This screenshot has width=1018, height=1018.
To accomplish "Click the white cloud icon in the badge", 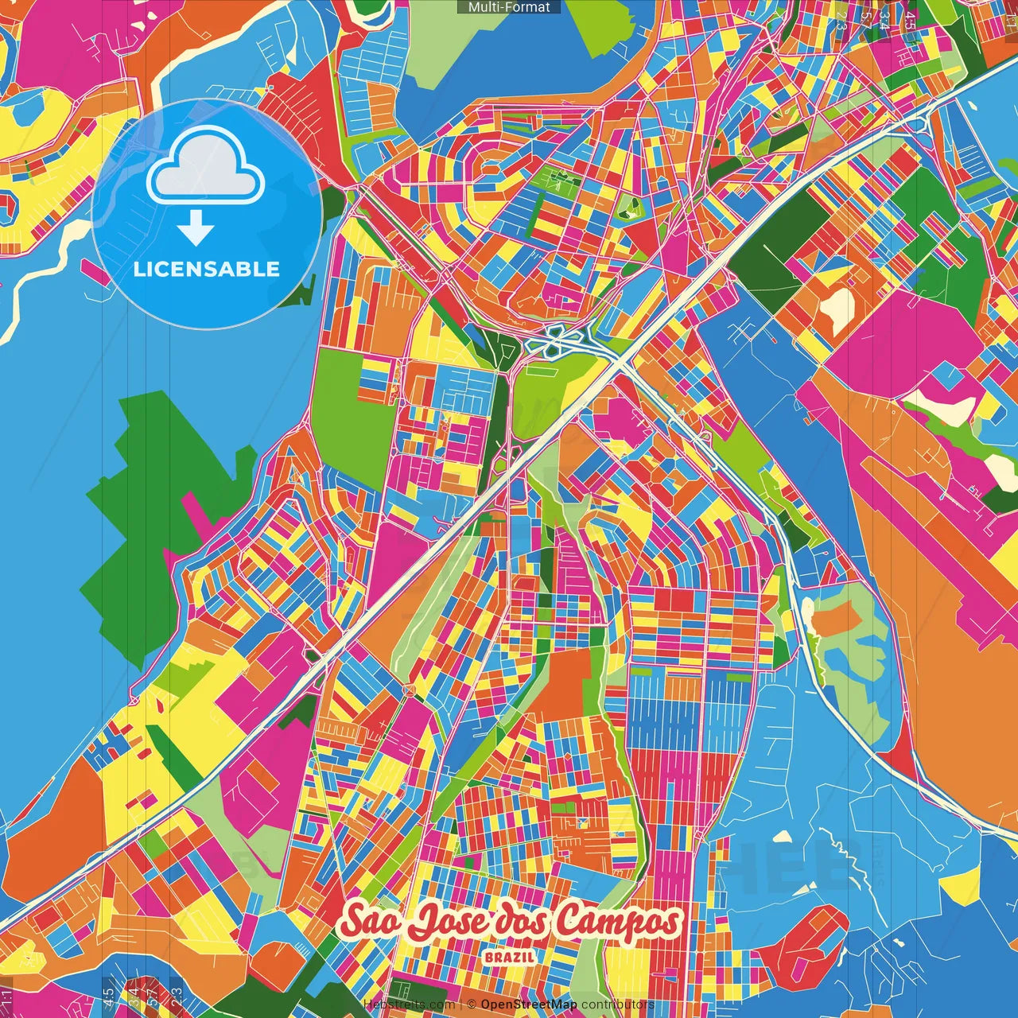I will (x=205, y=165).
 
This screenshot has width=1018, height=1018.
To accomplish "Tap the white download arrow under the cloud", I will (x=196, y=227).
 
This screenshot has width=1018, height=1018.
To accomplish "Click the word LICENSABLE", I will (x=207, y=269).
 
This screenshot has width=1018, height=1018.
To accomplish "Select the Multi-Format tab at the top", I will (x=509, y=7).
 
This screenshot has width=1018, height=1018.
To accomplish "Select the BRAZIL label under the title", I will (x=510, y=957).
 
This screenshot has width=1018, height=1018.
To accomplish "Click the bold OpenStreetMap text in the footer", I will (x=528, y=1005).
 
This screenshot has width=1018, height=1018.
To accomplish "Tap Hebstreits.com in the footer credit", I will (x=409, y=1005).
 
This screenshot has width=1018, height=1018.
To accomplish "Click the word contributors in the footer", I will (x=617, y=1005).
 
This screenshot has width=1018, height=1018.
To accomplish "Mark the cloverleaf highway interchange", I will (x=557, y=342).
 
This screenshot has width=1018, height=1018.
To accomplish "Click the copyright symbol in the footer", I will (x=472, y=1005).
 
